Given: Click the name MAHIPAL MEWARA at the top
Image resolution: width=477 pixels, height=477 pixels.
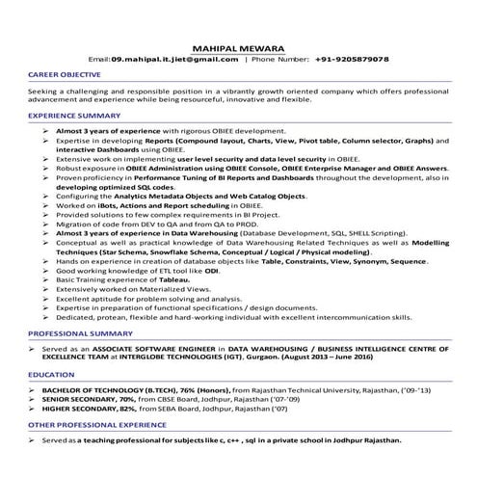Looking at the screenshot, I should (238, 45).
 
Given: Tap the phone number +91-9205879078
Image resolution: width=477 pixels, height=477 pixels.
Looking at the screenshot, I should (352, 60).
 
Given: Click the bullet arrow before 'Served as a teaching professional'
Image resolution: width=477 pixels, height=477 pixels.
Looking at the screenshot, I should (32, 439).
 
